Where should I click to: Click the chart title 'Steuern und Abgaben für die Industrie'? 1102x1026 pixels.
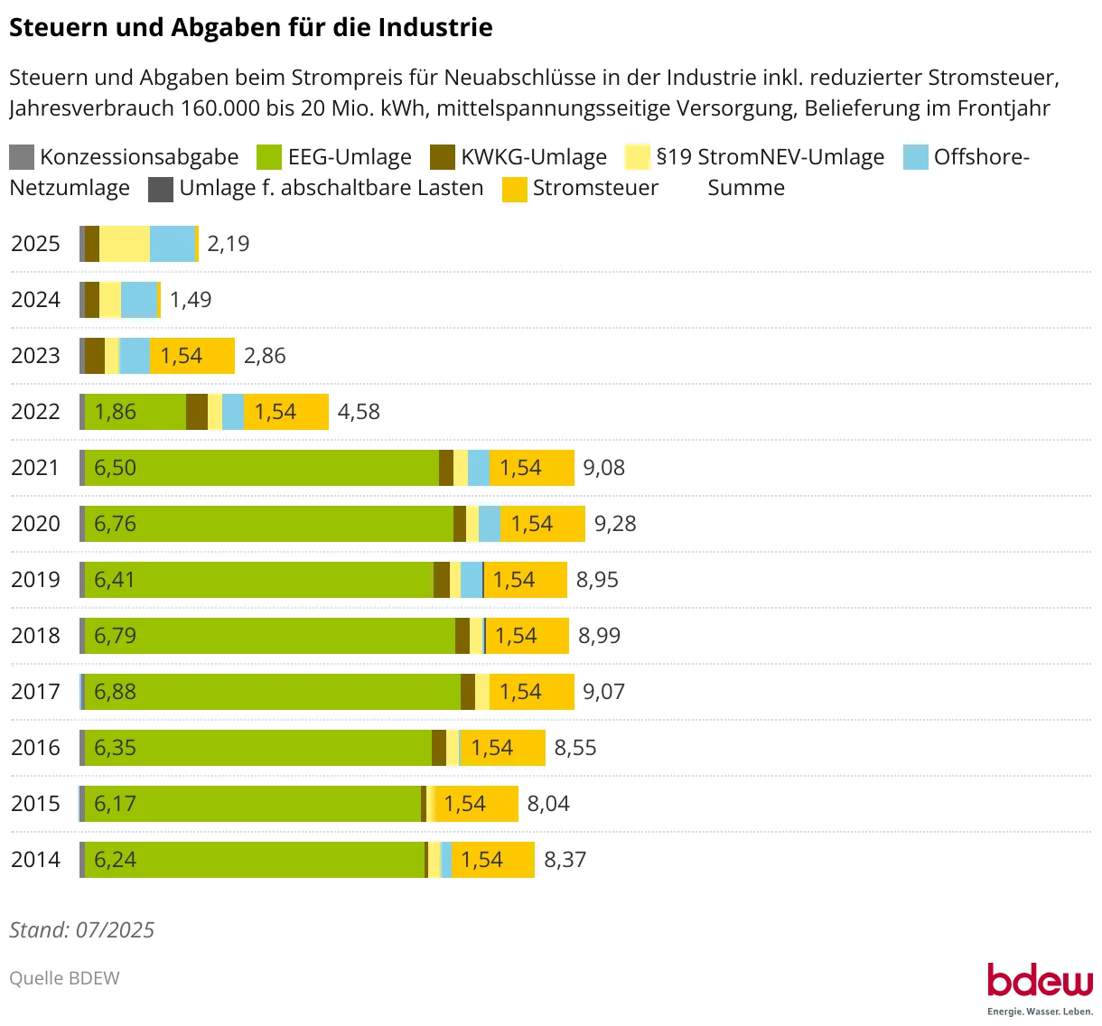[x=250, y=27]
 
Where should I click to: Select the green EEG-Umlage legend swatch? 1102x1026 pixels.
[x=269, y=157]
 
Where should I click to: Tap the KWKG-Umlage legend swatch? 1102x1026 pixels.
[x=443, y=157]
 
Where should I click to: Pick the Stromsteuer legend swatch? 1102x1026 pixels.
[x=515, y=188]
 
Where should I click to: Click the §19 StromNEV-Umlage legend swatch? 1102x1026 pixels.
[x=638, y=157]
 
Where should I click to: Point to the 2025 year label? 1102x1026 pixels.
[x=35, y=244]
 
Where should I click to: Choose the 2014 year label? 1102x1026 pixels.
[x=35, y=860]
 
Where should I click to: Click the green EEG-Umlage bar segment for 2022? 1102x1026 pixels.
[x=135, y=412]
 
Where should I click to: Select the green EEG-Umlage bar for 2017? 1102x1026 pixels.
[x=272, y=692]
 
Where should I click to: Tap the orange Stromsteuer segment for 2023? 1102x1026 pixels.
[x=192, y=356]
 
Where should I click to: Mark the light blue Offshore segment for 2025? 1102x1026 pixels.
[x=173, y=244]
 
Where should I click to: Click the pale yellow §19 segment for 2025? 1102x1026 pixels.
[x=125, y=244]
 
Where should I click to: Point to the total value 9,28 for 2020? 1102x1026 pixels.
[x=615, y=524]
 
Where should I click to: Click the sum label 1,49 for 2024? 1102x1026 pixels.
[x=191, y=300]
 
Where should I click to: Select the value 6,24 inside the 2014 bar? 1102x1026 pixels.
[x=116, y=860]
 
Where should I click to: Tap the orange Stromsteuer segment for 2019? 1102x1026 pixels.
[x=526, y=580]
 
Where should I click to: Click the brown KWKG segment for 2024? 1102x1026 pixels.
[x=92, y=300]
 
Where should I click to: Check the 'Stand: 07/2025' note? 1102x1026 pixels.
[x=82, y=930]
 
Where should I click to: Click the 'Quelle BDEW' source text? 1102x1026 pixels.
[x=64, y=978]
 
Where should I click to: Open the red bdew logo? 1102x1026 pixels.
[x=1040, y=981]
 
